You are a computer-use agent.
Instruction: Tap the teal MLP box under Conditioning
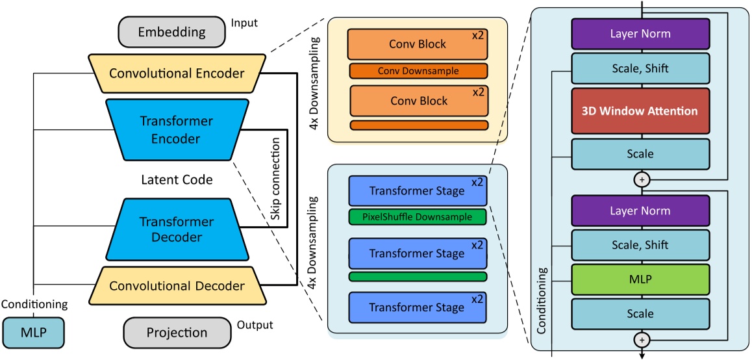[x=34, y=332]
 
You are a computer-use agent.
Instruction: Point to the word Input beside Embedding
[x=244, y=23]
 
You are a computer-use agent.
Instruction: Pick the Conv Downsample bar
[x=418, y=71]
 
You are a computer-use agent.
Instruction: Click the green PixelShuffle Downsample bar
[x=418, y=217]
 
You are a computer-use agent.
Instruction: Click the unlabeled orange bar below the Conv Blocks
[x=418, y=125]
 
